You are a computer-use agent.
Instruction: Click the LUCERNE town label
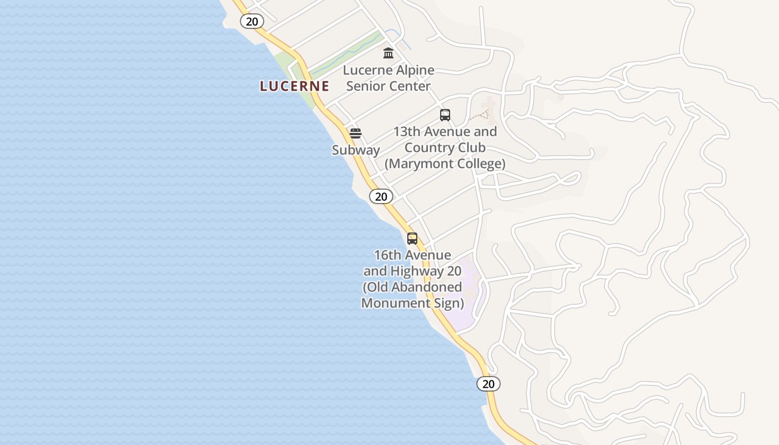point(294,86)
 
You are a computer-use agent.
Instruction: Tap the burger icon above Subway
point(356,133)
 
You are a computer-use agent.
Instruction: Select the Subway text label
point(356,150)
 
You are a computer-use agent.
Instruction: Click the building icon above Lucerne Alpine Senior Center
point(388,53)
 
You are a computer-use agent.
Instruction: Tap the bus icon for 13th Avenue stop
point(445,115)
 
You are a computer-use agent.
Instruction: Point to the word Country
point(427,148)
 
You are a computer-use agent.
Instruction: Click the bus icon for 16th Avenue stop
point(412,239)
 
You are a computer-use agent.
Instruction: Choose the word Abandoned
point(427,287)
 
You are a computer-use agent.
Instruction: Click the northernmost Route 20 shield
point(252,21)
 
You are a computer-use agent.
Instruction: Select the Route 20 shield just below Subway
point(381,196)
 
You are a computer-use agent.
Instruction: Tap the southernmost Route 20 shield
point(489,384)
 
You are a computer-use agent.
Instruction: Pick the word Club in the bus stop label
point(472,148)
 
